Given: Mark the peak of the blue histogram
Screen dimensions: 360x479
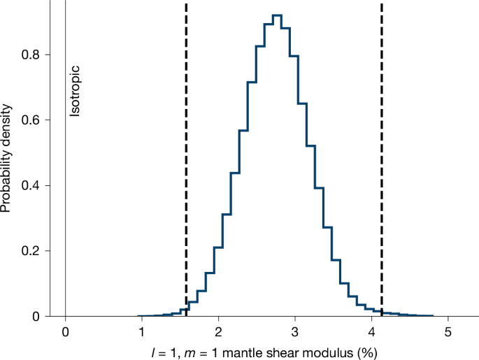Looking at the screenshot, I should pyautogui.click(x=277, y=15).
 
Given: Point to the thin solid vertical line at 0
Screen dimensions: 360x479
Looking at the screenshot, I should pyautogui.click(x=65, y=210).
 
